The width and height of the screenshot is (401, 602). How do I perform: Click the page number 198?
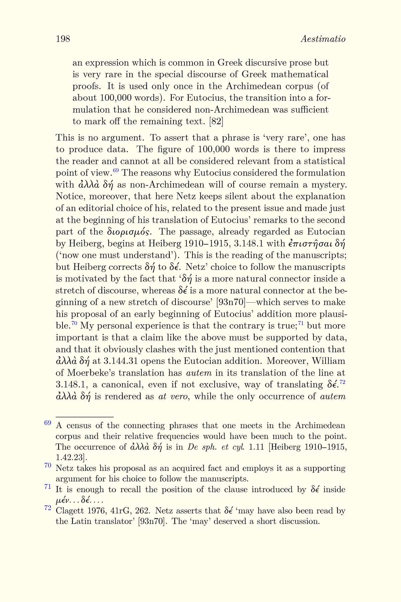pyautogui.click(x=63, y=39)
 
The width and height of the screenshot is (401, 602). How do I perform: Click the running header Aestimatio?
pyautogui.click(x=323, y=39)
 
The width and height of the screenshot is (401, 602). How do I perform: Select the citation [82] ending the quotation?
pyautogui.click(x=216, y=121)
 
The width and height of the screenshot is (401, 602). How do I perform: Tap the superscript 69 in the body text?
pyautogui.click(x=116, y=171)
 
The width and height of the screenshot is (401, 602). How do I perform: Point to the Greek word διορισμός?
pyautogui.click(x=129, y=232)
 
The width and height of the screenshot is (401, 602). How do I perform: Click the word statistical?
pyautogui.click(x=324, y=161)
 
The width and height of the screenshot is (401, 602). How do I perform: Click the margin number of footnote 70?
pyautogui.click(x=47, y=465)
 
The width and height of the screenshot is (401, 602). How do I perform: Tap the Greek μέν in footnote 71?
pyautogui.click(x=62, y=501)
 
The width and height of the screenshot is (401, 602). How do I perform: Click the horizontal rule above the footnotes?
pyautogui.click(x=85, y=417)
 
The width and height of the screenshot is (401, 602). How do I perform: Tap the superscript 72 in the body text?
pyautogui.click(x=342, y=382)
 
